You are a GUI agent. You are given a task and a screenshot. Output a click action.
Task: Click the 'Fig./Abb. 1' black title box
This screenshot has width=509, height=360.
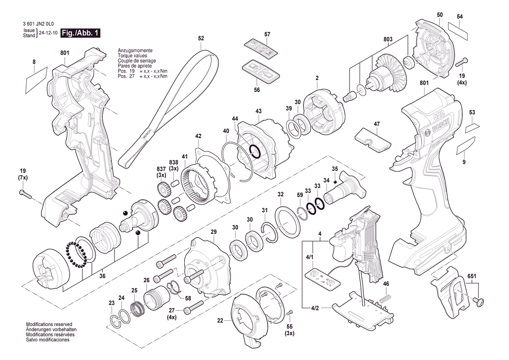[x=80, y=33]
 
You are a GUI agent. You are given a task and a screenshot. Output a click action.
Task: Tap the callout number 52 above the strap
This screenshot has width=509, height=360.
[x=201, y=38]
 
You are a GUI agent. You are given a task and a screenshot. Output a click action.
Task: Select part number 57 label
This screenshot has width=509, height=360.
[x=267, y=34]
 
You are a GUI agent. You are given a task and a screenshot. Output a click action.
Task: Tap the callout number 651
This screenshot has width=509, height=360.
[x=472, y=276]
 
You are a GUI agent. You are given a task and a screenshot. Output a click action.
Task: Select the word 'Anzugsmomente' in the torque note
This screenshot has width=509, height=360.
[x=132, y=51]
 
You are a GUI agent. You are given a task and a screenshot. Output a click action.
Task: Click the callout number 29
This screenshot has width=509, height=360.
[x=213, y=231]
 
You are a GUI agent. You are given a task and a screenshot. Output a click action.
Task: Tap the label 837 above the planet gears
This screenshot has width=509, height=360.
[x=162, y=169]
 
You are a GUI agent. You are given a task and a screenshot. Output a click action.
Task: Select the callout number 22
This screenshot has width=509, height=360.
[x=221, y=320]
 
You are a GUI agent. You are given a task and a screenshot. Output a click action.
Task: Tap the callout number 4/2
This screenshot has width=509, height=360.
[x=315, y=308]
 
